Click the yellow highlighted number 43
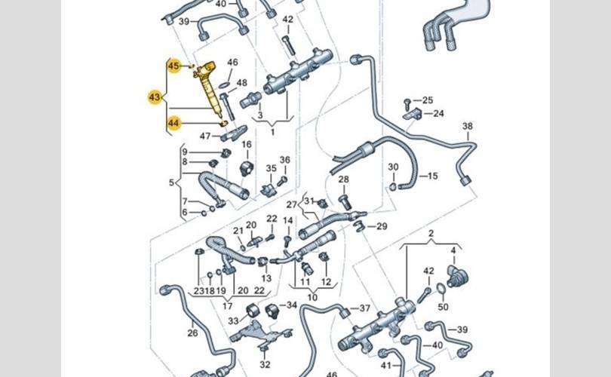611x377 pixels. (x=155, y=97)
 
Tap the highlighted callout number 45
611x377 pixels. (x=174, y=66)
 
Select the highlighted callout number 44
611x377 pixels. (x=174, y=122)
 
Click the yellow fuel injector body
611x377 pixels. (x=208, y=90)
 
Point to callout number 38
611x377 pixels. (x=468, y=126)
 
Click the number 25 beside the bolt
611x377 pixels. (x=428, y=100)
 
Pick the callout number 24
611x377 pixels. (x=439, y=114)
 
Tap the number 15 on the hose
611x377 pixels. (x=432, y=176)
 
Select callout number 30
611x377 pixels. (x=393, y=167)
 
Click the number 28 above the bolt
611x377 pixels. (x=343, y=179)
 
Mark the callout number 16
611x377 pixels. (x=246, y=144)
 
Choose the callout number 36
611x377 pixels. (x=284, y=160)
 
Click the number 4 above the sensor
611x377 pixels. (x=453, y=250)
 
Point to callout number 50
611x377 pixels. (x=443, y=307)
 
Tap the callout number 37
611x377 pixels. (x=365, y=308)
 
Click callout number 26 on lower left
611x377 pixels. (x=192, y=333)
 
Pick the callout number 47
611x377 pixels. (x=204, y=136)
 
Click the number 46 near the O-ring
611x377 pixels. (x=232, y=63)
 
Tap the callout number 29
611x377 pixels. (x=382, y=226)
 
